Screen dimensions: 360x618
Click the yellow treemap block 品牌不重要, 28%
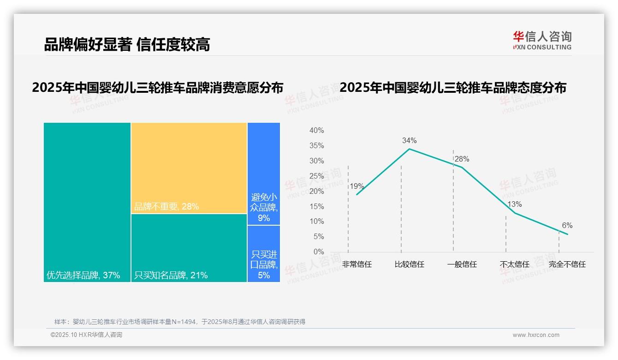click(189, 168)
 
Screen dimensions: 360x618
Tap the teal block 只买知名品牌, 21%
click(189, 248)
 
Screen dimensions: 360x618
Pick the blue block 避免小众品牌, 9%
click(264, 174)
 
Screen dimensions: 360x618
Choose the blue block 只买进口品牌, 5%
click(264, 254)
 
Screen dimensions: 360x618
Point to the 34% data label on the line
click(409, 140)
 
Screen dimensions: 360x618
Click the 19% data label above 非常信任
click(357, 186)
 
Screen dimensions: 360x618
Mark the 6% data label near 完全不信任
click(567, 225)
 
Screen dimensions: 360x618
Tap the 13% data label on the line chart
click(514, 204)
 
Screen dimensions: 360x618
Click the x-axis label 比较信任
click(409, 264)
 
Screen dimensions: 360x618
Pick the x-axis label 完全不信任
click(567, 264)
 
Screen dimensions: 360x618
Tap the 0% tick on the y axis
click(318, 252)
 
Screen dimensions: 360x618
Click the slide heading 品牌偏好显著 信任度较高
click(127, 44)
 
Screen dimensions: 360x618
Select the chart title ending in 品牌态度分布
click(452, 88)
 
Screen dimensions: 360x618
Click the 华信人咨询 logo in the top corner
click(542, 40)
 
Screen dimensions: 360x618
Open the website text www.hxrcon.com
click(536, 335)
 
